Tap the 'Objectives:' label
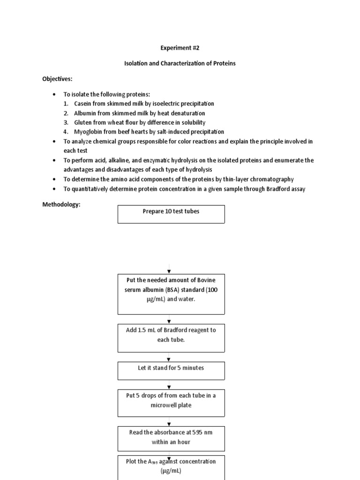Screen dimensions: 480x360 (57, 79)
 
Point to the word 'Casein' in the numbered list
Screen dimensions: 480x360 (83, 104)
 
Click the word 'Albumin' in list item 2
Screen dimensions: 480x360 (85, 113)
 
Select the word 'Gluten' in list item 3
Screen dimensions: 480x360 (83, 122)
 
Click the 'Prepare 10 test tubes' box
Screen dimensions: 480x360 (171, 214)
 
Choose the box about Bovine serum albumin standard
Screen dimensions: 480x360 (171, 294)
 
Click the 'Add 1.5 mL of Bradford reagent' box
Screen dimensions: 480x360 (171, 338)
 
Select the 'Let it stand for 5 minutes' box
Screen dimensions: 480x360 (171, 370)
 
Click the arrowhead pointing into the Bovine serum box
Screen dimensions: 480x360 (169, 272)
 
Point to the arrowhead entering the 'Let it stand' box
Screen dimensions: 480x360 (169, 359)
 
